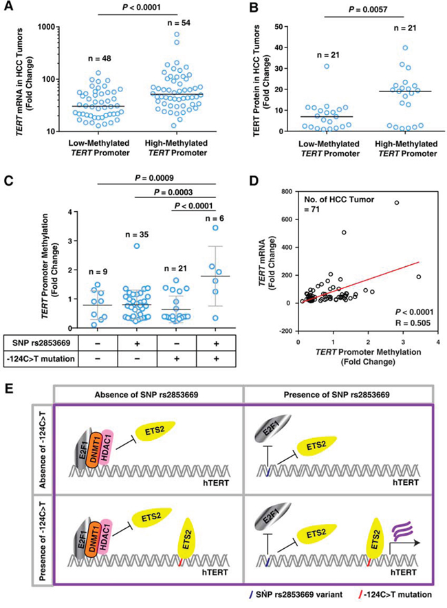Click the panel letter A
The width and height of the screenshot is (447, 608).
(8, 7)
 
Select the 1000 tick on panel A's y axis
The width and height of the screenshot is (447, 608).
(48, 27)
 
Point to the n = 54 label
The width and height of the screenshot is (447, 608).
(179, 23)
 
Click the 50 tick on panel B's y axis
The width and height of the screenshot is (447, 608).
(280, 27)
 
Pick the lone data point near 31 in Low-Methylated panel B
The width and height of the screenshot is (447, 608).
(327, 66)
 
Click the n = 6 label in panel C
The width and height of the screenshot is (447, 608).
(215, 219)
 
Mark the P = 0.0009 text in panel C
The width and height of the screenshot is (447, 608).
(154, 178)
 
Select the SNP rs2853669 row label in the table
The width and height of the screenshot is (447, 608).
(39, 343)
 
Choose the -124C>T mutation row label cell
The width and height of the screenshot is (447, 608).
(41, 358)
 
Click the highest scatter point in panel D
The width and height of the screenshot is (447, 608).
(397, 203)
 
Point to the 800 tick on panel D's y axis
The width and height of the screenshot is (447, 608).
(287, 192)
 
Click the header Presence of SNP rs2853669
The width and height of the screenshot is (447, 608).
(336, 395)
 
